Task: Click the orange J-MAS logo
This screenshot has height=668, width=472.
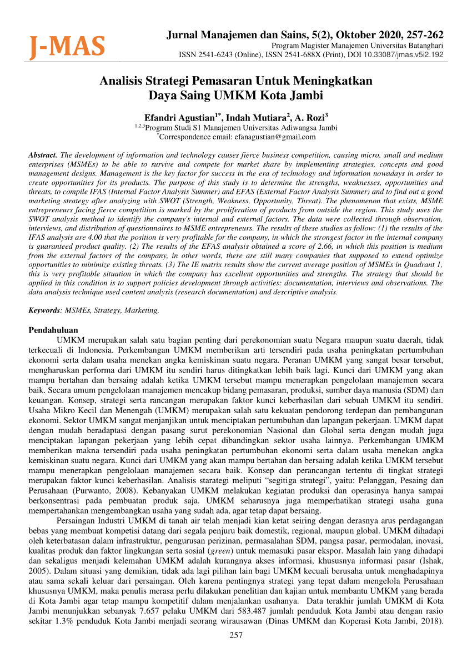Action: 67,47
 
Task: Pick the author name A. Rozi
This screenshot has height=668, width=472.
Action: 311,117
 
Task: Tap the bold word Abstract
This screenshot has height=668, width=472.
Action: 43,155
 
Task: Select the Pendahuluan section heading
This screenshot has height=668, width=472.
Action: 53,330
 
